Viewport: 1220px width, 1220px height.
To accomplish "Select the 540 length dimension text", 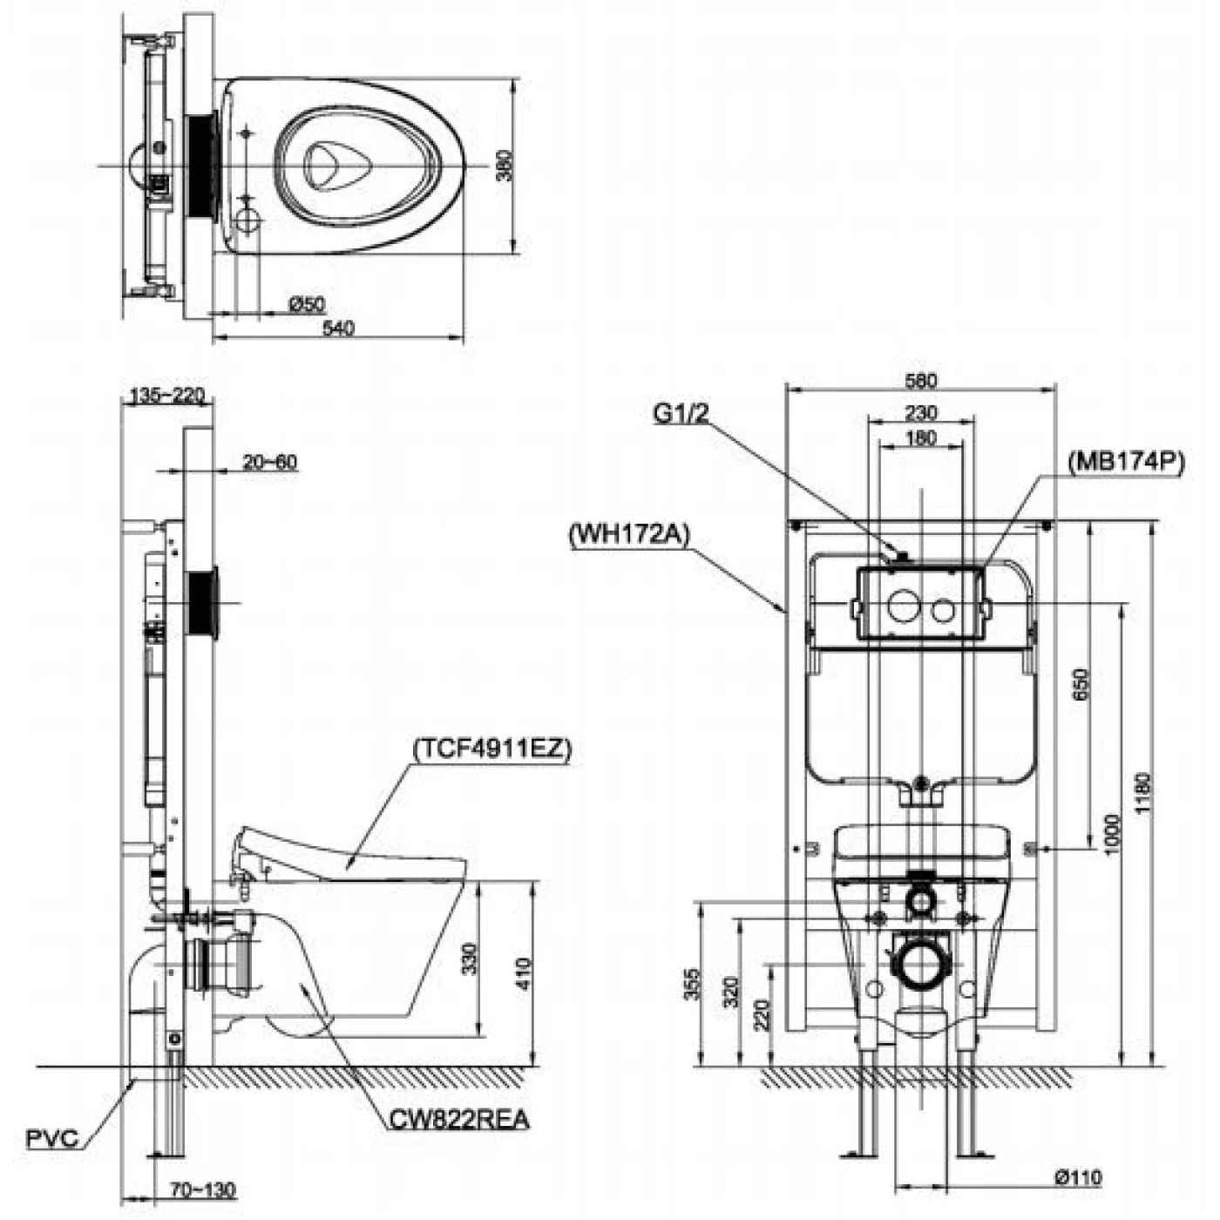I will (x=338, y=329).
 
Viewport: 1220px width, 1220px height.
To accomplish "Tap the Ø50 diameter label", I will (x=307, y=304).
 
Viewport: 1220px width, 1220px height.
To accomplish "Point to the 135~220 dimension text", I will (x=166, y=396).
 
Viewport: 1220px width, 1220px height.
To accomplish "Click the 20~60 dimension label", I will (x=270, y=462).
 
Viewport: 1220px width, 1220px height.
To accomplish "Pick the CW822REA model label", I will (x=459, y=1118).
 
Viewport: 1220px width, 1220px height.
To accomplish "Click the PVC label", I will (x=52, y=1138).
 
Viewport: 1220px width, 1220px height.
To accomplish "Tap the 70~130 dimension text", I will (x=202, y=1189).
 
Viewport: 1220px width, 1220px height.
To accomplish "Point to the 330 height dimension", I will (x=469, y=959).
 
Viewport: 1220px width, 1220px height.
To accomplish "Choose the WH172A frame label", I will (x=627, y=532).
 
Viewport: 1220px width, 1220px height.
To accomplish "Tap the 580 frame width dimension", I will (x=921, y=381).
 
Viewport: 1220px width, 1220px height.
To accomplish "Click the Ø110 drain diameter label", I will (x=1078, y=1178).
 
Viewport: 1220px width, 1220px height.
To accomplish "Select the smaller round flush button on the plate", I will (x=943, y=609).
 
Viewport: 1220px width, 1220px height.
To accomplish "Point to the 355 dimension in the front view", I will (x=692, y=985).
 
